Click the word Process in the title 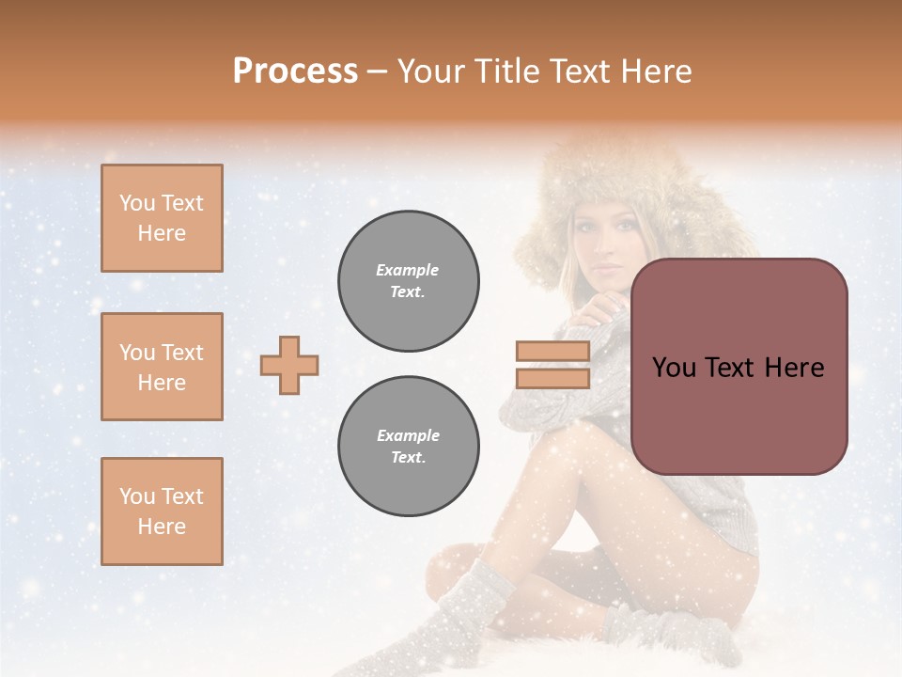tap(295, 71)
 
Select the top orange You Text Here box tap(162, 218)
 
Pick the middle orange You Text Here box tap(162, 367)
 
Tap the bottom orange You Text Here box tap(162, 512)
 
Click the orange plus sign tap(289, 365)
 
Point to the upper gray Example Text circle tap(409, 281)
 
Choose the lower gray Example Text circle tap(409, 447)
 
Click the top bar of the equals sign tap(553, 351)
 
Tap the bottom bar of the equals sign tap(553, 378)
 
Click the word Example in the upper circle tap(408, 270)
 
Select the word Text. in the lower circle tap(408, 458)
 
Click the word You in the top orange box tap(137, 203)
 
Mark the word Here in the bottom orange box tap(162, 527)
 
